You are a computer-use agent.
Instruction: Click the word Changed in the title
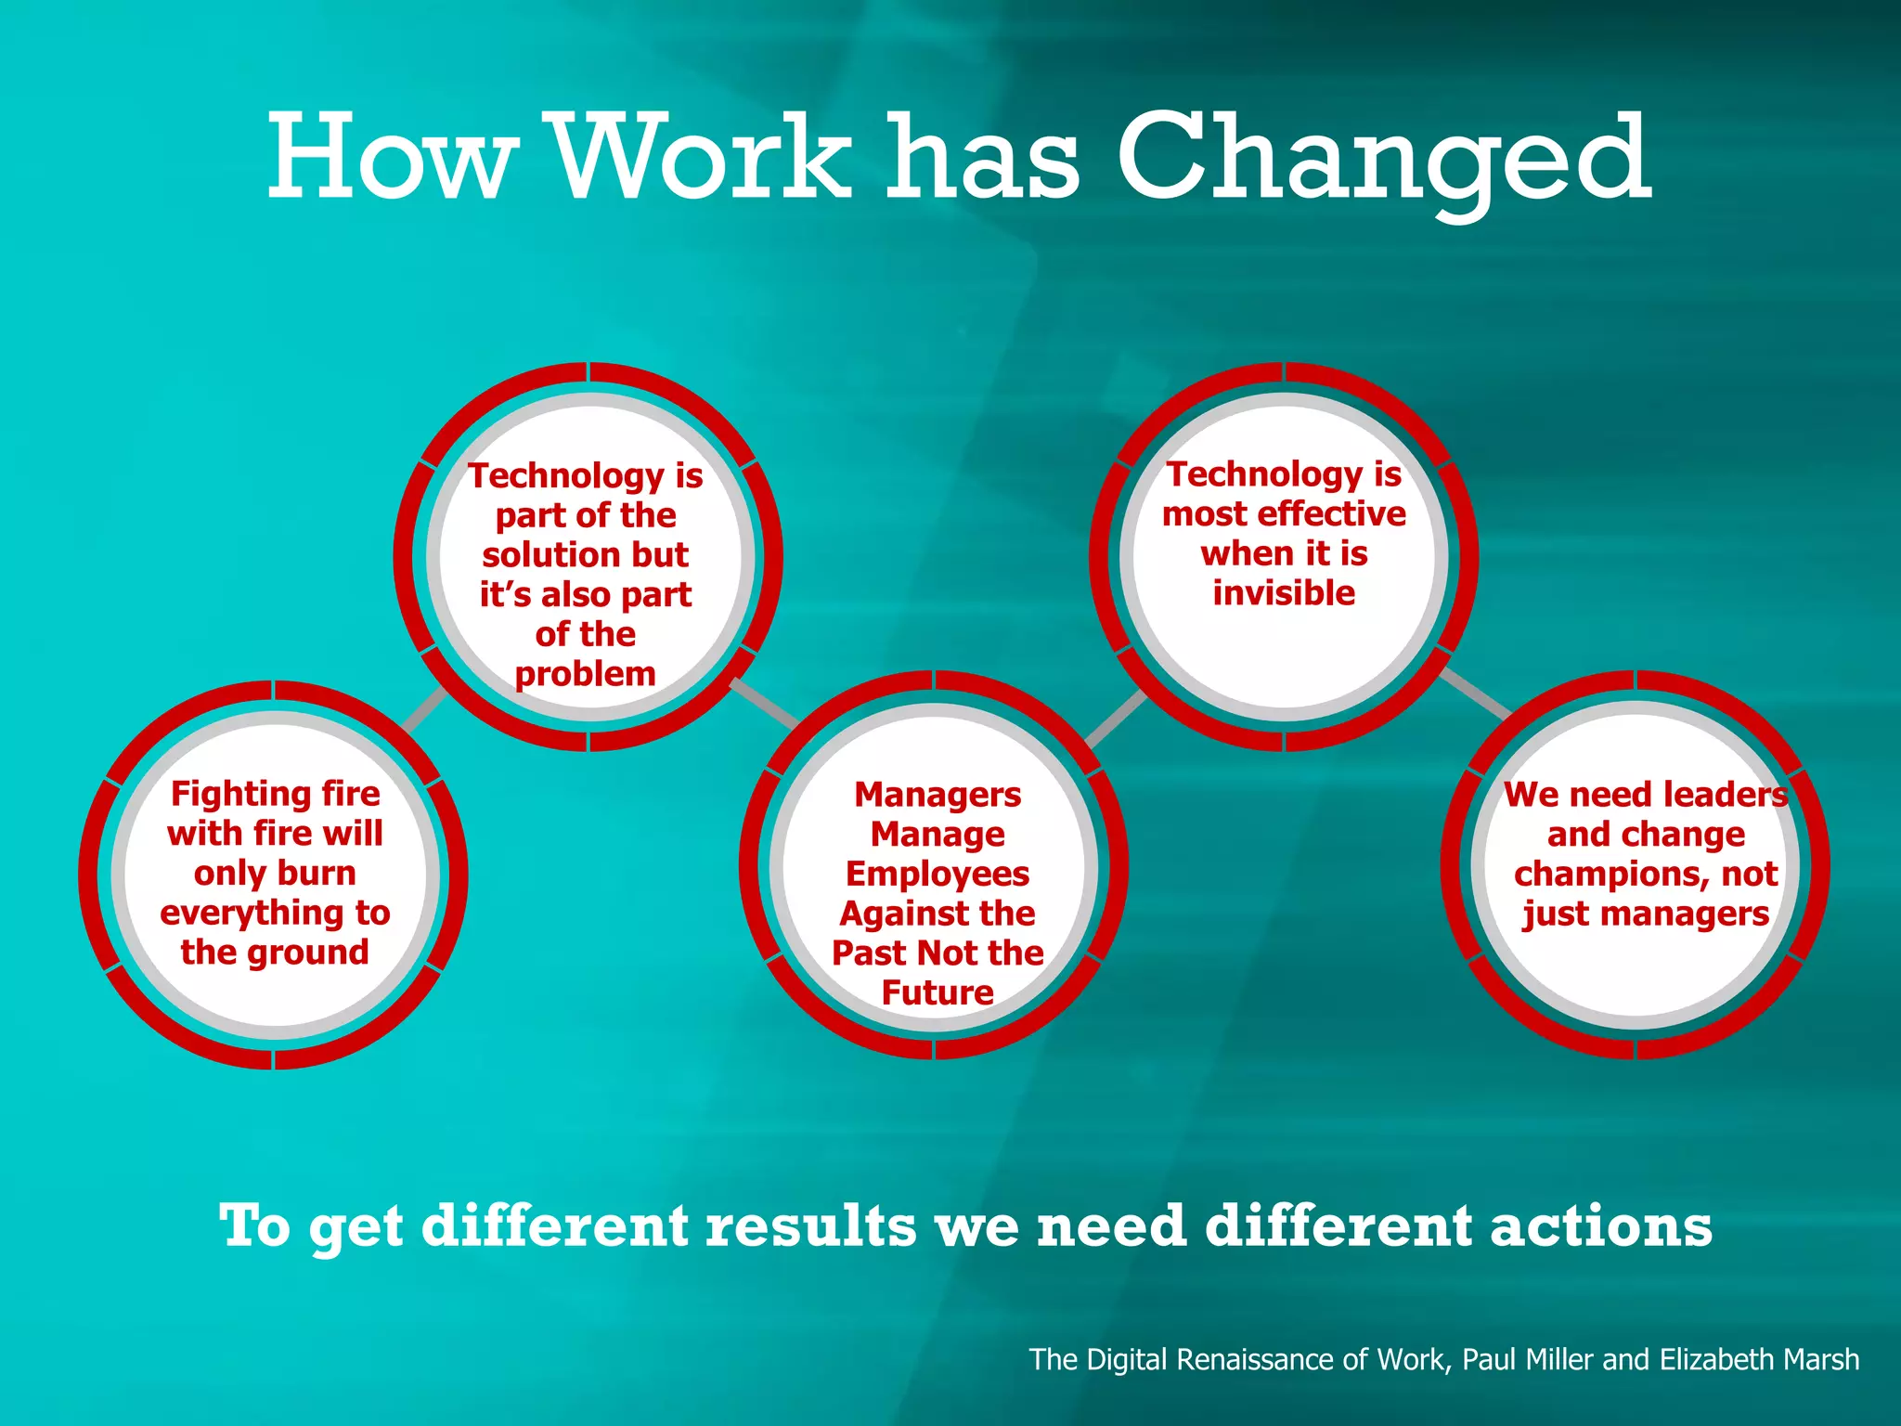[x=1383, y=158]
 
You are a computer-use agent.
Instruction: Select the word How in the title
[x=390, y=158]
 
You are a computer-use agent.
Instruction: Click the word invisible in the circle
[x=1284, y=593]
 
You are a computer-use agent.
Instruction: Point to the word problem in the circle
[x=585, y=674]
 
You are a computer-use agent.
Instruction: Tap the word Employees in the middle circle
[x=938, y=875]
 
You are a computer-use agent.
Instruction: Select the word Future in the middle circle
[x=938, y=993]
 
